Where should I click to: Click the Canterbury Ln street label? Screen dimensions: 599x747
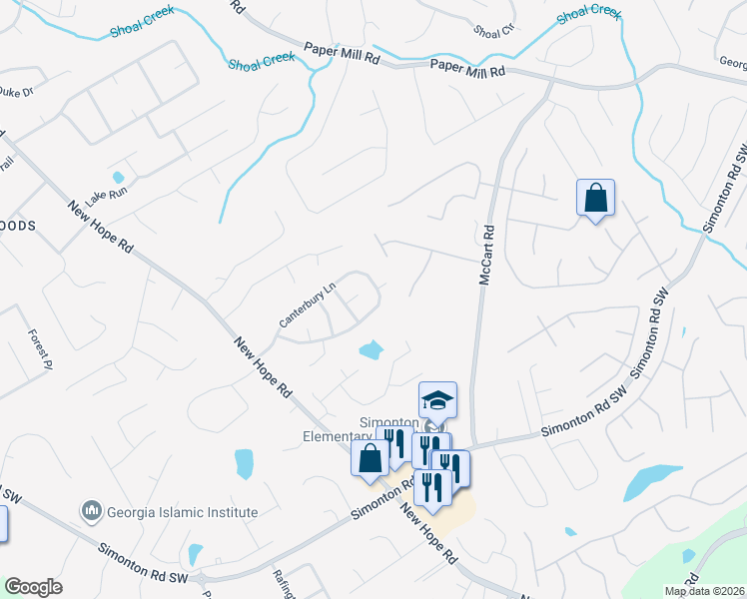click(x=307, y=304)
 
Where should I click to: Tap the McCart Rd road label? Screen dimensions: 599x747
click(x=486, y=256)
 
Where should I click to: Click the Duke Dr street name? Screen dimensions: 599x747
click(x=15, y=92)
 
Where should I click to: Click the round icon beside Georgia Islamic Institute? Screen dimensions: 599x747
click(x=92, y=512)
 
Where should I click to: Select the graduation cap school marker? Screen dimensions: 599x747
click(x=437, y=400)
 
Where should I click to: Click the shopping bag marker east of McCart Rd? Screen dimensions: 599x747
click(x=595, y=198)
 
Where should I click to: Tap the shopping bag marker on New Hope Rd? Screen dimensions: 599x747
click(x=370, y=458)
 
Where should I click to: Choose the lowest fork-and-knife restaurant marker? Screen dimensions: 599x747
click(x=432, y=488)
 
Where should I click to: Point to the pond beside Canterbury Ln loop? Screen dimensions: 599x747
click(x=371, y=349)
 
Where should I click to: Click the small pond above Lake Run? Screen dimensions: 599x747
click(x=119, y=178)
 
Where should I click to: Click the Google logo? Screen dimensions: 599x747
click(x=33, y=587)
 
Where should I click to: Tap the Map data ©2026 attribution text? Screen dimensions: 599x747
click(x=704, y=590)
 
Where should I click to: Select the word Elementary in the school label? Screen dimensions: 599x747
click(x=337, y=436)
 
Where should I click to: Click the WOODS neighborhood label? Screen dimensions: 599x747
click(x=18, y=226)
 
